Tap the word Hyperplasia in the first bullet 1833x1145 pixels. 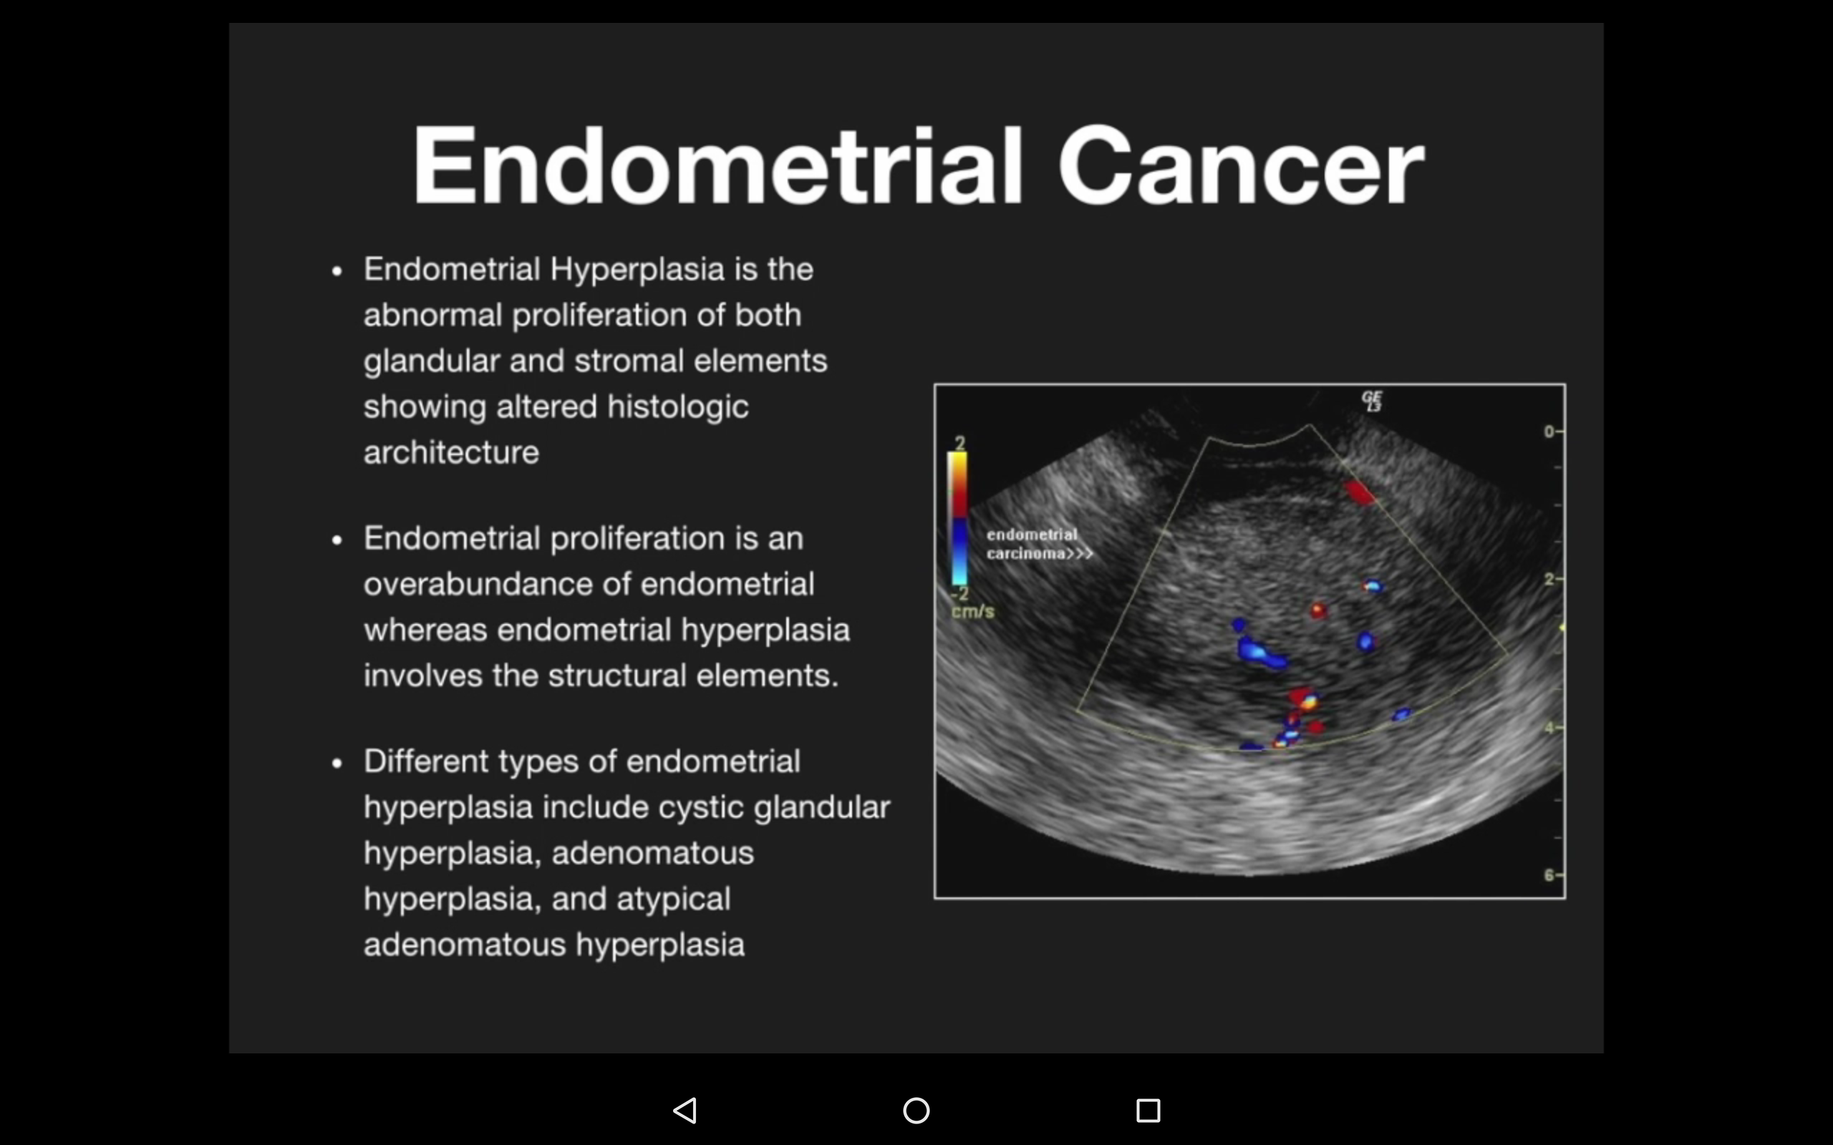637,270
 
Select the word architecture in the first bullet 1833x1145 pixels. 451,453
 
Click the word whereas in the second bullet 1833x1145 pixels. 425,630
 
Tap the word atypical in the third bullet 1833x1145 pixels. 673,899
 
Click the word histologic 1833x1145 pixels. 677,406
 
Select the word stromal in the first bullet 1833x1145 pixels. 629,361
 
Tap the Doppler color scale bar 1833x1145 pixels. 959,518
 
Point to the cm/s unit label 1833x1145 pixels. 972,611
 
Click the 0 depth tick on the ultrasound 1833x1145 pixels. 1549,432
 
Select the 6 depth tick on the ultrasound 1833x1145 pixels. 1549,875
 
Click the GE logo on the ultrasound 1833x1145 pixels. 1372,401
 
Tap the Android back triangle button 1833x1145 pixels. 685,1111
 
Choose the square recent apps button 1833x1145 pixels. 1148,1111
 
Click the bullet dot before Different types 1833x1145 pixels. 337,764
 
